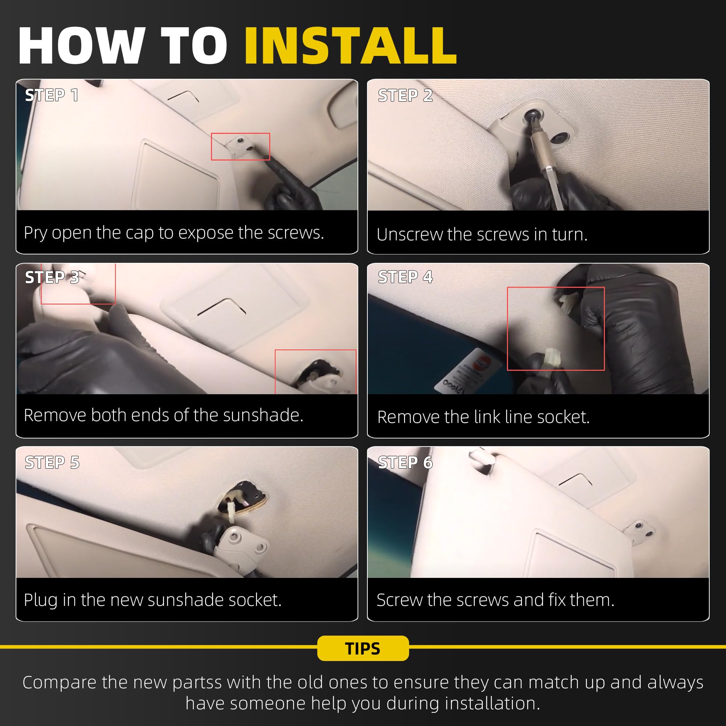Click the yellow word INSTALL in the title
(351, 46)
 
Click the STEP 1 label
(52, 95)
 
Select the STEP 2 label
(405, 95)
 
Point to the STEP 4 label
(405, 277)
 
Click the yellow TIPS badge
(363, 648)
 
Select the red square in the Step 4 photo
(556, 287)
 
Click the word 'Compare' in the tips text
(60, 683)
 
